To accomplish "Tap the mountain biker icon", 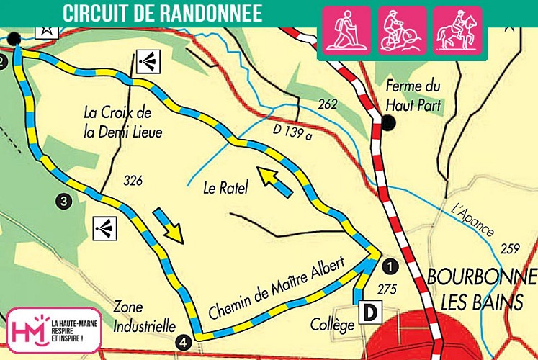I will click(x=403, y=30).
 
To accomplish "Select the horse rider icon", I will click(x=457, y=30).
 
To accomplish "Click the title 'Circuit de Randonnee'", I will click(x=162, y=13).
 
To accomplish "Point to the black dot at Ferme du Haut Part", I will click(x=389, y=124).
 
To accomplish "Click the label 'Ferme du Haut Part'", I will click(x=413, y=95).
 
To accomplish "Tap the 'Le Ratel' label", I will click(x=225, y=189).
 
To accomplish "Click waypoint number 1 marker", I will click(x=390, y=266).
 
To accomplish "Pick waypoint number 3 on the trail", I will click(x=65, y=202).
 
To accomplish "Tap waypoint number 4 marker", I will click(x=184, y=342).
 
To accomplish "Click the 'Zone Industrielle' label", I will click(x=144, y=318).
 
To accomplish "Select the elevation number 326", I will click(x=133, y=179).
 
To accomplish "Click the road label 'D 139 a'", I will click(x=295, y=130).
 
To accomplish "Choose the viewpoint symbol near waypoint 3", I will click(x=104, y=228).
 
